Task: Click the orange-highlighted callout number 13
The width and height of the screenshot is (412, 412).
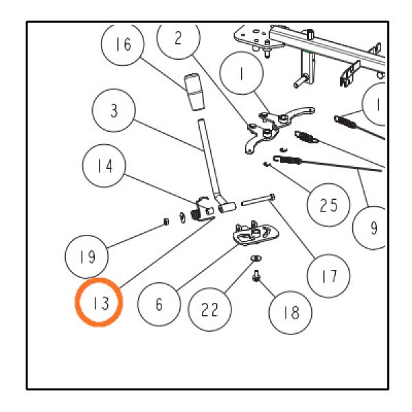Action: pos(100,302)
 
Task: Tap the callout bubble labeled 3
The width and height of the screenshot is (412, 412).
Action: pos(115,110)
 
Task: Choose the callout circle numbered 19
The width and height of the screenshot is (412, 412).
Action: pos(87,257)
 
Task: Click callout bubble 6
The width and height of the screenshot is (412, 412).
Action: pos(159,304)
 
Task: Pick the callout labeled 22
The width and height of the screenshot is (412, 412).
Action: pos(210,310)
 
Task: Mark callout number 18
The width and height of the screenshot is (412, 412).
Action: pos(290,313)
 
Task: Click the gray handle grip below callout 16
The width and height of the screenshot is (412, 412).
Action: pos(194,93)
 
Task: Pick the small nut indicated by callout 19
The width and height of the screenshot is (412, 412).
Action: pos(167,221)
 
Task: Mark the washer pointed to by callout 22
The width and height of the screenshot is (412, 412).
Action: pos(254,258)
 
